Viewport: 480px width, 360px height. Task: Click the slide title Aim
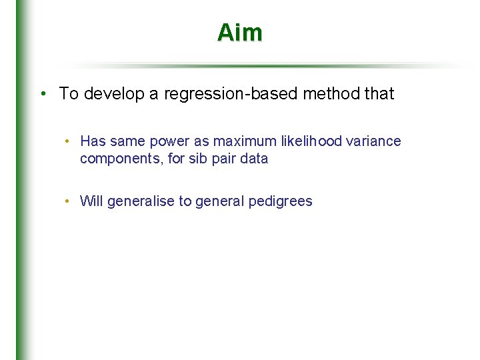tap(239, 33)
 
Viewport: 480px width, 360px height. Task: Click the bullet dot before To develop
tap(42, 94)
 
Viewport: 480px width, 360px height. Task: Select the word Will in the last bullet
tap(91, 201)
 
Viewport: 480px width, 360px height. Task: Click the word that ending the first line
tap(380, 94)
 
